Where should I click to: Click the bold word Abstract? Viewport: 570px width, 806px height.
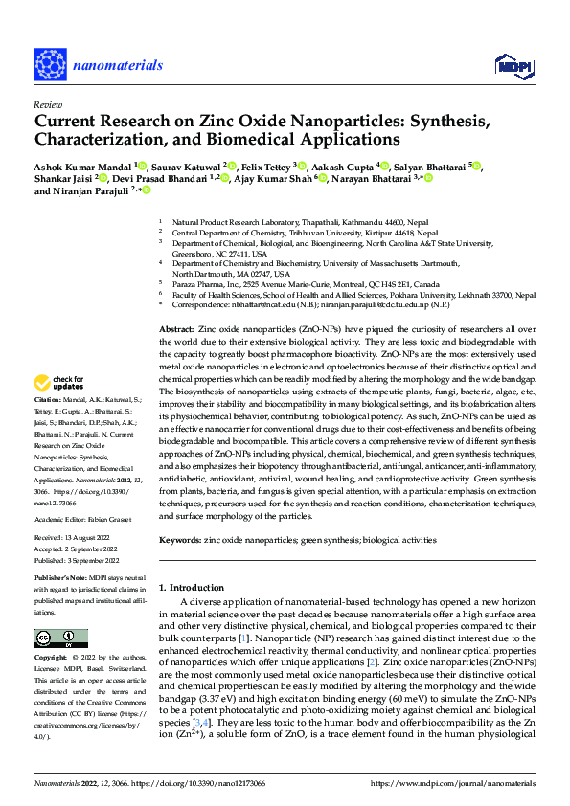pos(176,328)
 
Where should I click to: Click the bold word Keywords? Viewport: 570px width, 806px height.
pos(179,540)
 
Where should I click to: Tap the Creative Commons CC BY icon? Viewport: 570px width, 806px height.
pos(60,638)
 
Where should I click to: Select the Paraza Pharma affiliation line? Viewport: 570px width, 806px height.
pos(306,284)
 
